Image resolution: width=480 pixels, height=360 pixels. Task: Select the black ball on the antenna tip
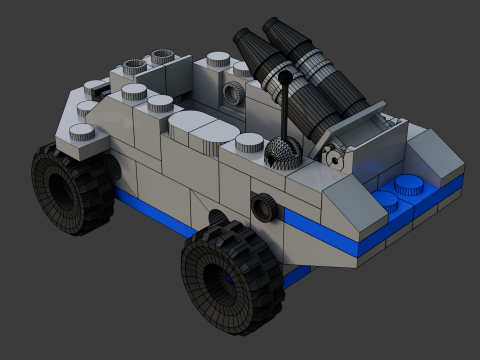285,76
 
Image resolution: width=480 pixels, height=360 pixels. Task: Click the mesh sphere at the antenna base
285,153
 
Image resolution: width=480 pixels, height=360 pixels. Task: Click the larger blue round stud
408,186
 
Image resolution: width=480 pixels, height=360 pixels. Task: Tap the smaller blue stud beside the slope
384,199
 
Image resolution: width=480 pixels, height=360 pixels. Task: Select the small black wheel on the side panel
264,208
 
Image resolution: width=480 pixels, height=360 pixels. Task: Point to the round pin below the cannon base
333,154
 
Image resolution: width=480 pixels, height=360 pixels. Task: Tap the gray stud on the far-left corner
83,132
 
